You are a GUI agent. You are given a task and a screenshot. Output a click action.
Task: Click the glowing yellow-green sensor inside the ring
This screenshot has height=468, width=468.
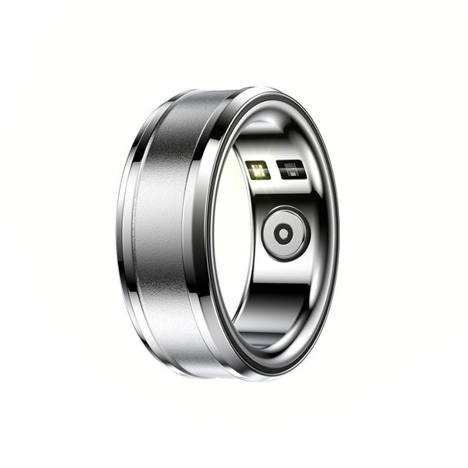[258, 170]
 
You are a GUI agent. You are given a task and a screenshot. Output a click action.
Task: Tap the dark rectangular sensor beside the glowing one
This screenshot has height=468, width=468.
[292, 169]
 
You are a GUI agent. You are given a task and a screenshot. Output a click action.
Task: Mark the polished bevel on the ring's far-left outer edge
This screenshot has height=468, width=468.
[124, 232]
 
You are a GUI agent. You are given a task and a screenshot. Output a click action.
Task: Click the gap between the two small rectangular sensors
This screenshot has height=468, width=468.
[275, 170]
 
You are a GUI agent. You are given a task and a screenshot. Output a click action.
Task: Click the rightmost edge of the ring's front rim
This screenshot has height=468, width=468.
[337, 232]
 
